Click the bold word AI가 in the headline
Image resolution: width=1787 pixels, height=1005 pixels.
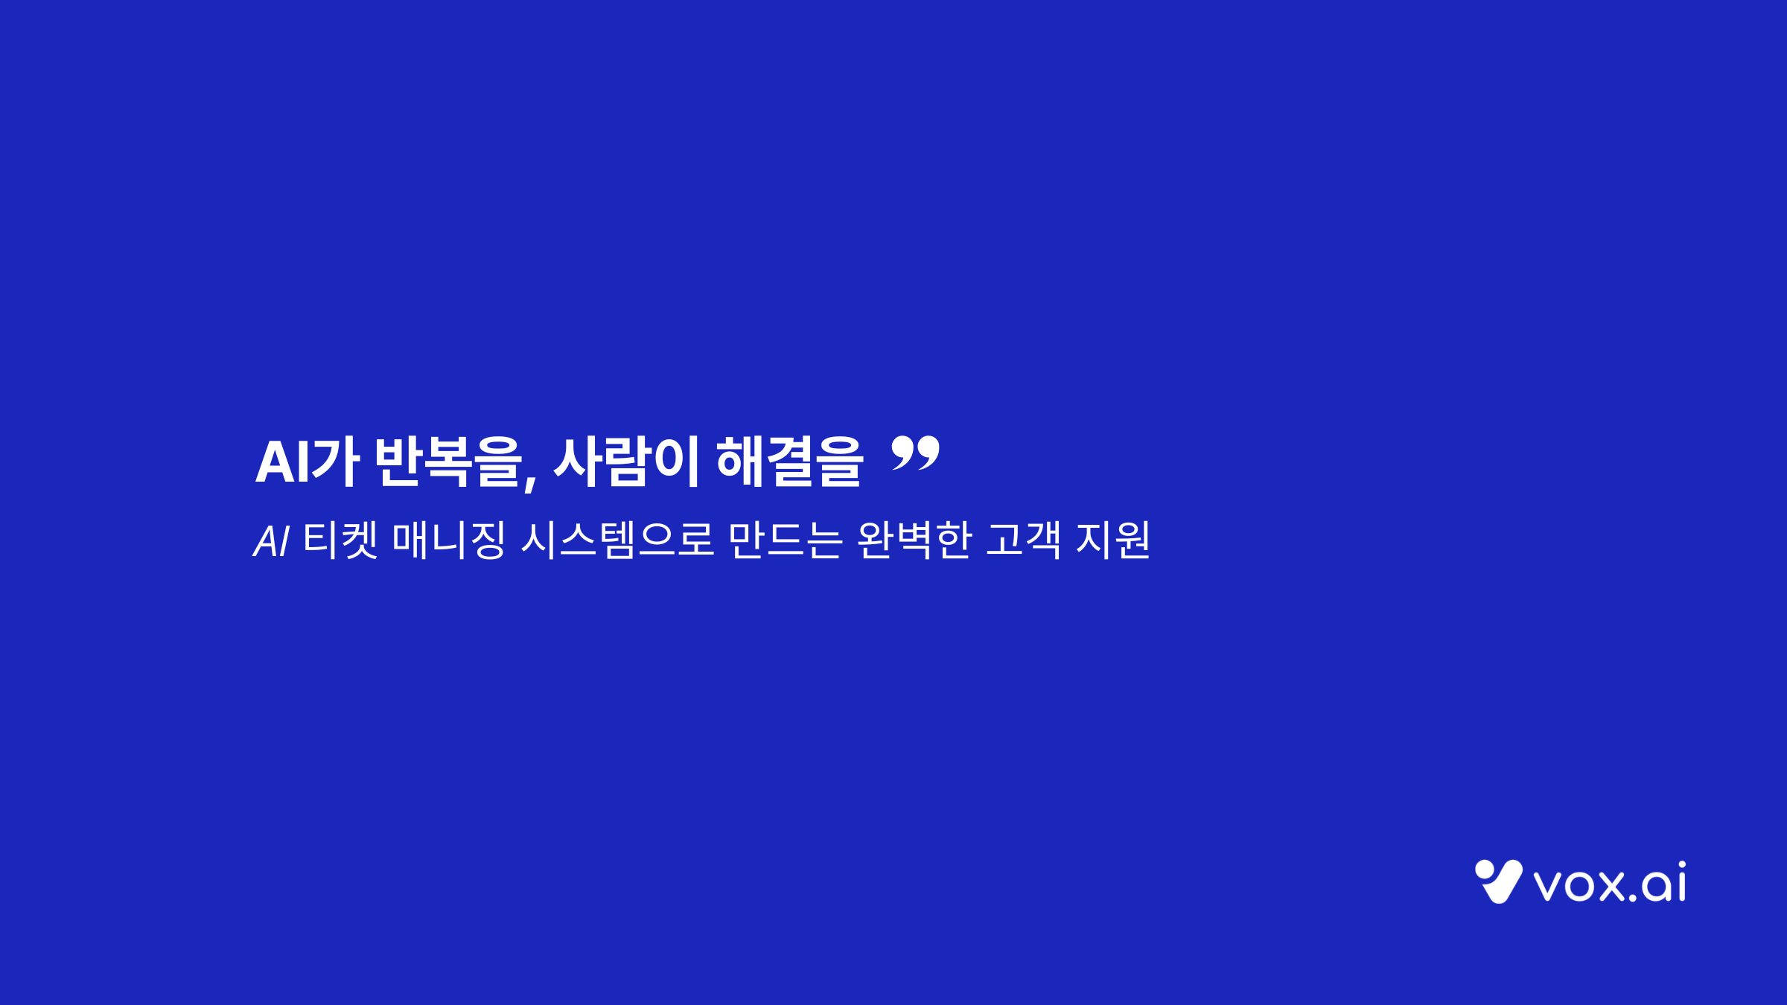(308, 462)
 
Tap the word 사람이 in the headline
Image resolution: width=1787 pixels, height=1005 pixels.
(626, 462)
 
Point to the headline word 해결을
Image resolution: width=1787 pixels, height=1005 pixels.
(789, 462)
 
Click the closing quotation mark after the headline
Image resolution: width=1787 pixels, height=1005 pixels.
(915, 453)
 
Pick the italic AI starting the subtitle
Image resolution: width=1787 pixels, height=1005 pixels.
(272, 541)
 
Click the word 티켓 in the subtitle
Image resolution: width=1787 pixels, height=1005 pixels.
(340, 540)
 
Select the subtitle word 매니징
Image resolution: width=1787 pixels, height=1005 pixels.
(449, 540)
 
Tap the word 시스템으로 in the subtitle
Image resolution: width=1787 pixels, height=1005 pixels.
(617, 540)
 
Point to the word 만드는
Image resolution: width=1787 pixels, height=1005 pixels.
(785, 540)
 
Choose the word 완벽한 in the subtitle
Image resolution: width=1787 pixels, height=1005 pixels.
(914, 540)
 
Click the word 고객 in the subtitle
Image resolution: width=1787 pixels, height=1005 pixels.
(1023, 540)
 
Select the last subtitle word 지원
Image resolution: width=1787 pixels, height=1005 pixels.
(1113, 540)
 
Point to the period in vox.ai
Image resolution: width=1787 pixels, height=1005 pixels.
(1633, 897)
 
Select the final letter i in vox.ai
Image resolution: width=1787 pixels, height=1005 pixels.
(1681, 881)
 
